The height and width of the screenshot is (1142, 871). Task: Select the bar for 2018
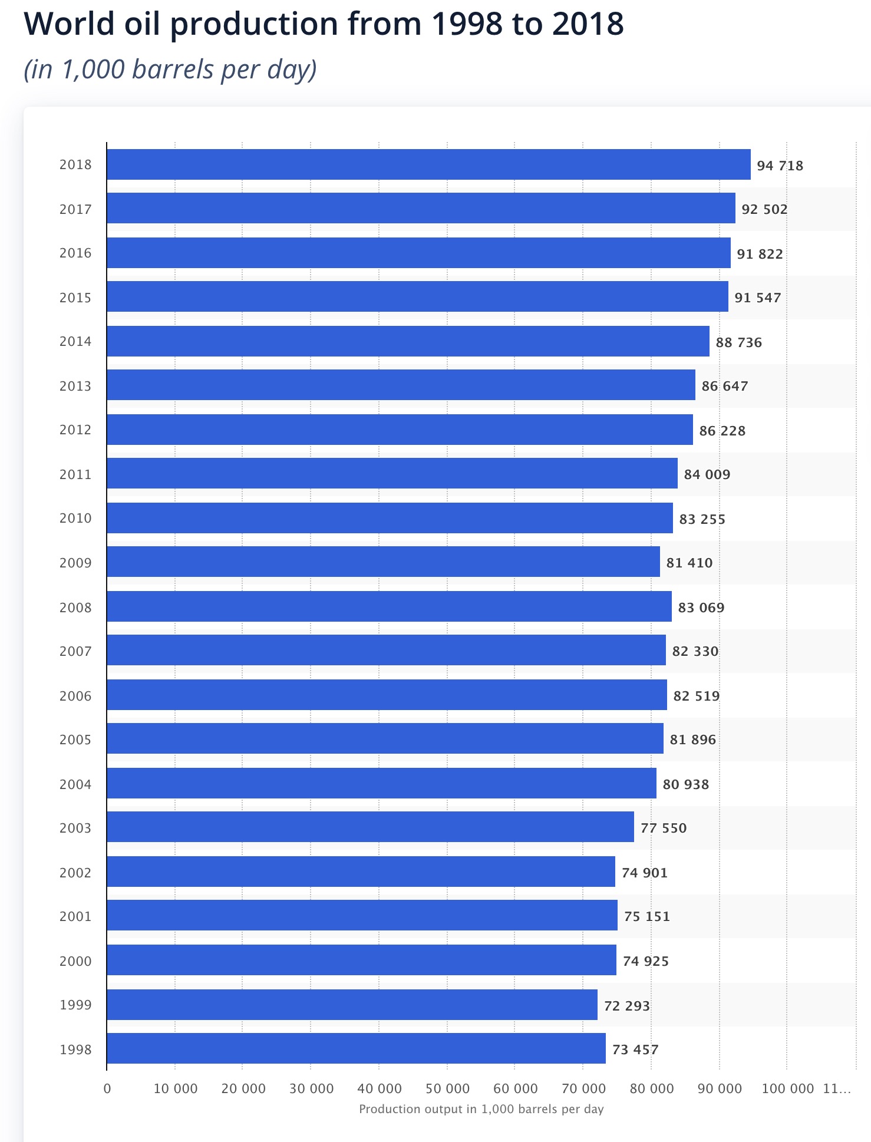428,164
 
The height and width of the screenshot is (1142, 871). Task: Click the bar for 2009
383,562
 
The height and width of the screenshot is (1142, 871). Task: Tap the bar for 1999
352,1005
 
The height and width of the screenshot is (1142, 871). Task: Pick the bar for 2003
370,827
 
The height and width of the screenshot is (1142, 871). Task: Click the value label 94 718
780,166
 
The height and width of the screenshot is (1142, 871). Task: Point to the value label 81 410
689,563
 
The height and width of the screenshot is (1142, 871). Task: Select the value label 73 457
635,1049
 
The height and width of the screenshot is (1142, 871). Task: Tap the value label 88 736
738,342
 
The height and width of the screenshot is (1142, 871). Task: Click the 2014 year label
75,341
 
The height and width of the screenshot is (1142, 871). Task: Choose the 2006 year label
75,696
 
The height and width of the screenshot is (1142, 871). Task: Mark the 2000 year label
75,961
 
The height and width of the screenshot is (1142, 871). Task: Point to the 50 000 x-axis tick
447,1088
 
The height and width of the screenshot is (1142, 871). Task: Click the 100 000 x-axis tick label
787,1088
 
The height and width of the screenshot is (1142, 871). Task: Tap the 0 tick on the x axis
107,1088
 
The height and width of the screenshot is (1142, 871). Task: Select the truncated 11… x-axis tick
837,1088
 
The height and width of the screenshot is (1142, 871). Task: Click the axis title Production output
481,1109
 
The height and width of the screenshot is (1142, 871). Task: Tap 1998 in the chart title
467,24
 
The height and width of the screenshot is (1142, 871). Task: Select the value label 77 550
664,828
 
